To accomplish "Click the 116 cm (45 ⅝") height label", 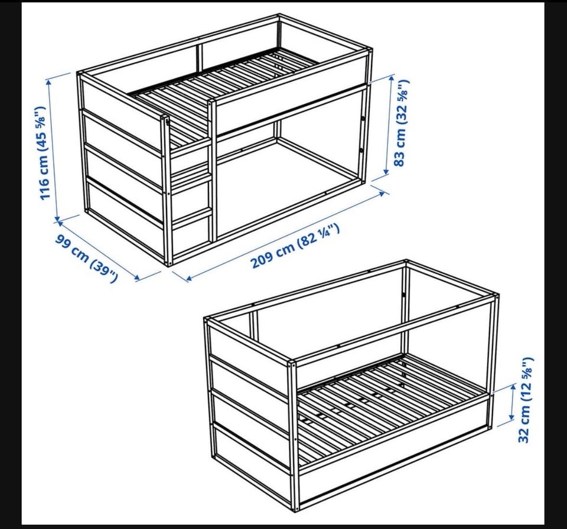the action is pos(43,152).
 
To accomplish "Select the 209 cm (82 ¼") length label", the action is pos(295,246).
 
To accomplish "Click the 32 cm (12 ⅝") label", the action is pos(526,400).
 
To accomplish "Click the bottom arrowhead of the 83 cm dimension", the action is pos(386,172).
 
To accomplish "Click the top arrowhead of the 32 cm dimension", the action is pos(513,387).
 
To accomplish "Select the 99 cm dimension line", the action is pos(97,249).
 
